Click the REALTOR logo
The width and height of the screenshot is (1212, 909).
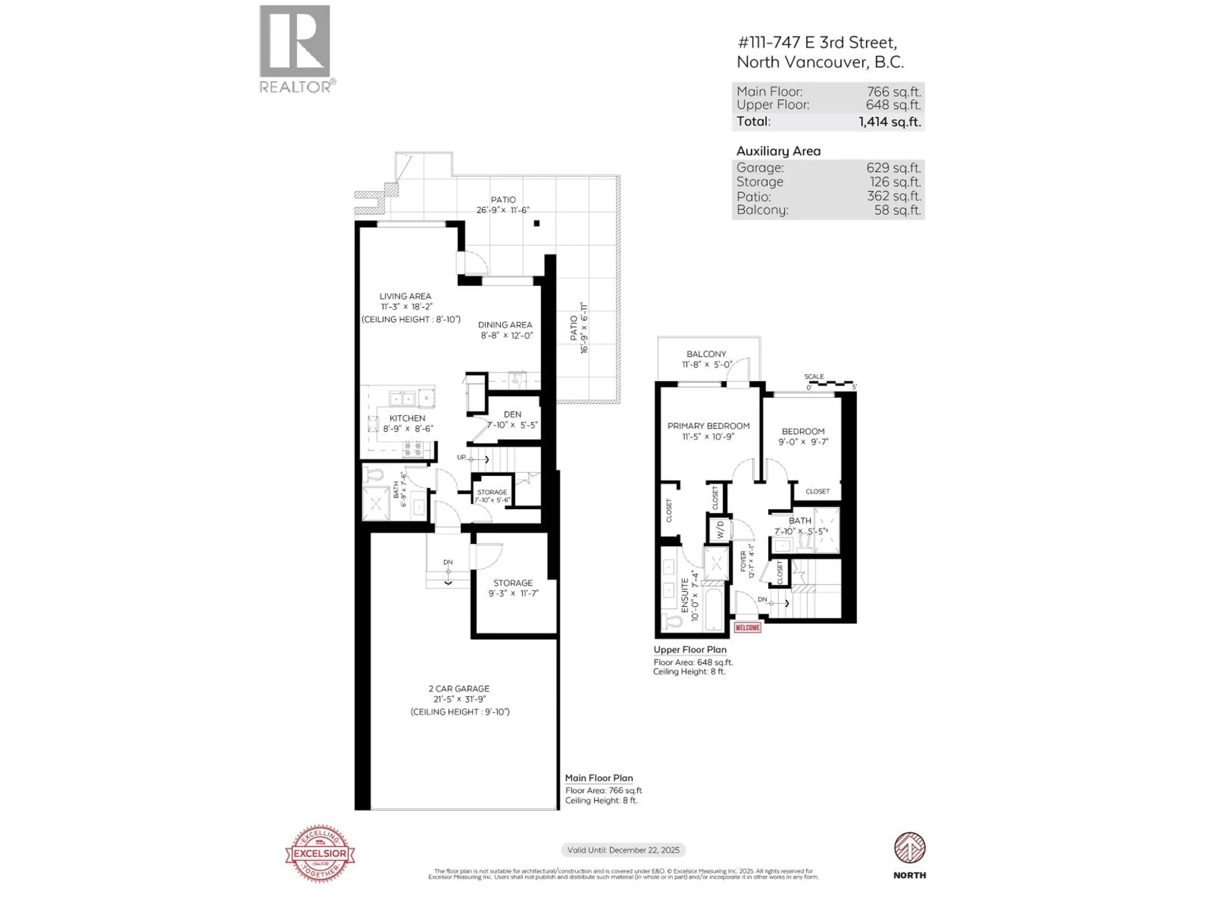tap(295, 48)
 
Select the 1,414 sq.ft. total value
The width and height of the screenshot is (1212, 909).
tap(889, 122)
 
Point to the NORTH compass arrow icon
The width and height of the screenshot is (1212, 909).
tap(910, 848)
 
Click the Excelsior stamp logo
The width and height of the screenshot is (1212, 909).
tap(320, 853)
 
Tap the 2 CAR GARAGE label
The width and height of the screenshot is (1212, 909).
tap(459, 688)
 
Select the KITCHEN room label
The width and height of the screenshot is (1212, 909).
tap(407, 418)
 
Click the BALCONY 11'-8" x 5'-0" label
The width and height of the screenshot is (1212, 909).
tap(706, 359)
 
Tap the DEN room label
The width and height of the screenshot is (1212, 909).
tap(512, 414)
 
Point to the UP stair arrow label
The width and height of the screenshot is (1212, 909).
tap(462, 457)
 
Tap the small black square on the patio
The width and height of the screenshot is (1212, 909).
tap(537, 223)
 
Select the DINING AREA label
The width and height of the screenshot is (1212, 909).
tap(505, 324)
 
